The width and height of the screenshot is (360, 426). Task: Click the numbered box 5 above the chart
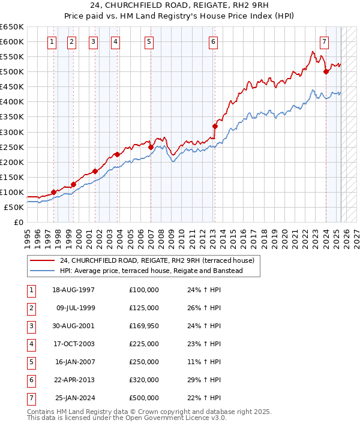148,42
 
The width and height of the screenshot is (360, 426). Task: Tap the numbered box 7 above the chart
324,42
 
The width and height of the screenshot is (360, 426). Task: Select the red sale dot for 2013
214,126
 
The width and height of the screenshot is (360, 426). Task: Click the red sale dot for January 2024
326,71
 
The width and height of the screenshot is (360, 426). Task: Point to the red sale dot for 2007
150,147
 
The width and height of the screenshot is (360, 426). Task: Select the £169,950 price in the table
143,326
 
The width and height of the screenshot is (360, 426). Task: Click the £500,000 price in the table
143,398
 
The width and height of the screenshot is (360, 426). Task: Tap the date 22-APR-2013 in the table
74,380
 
